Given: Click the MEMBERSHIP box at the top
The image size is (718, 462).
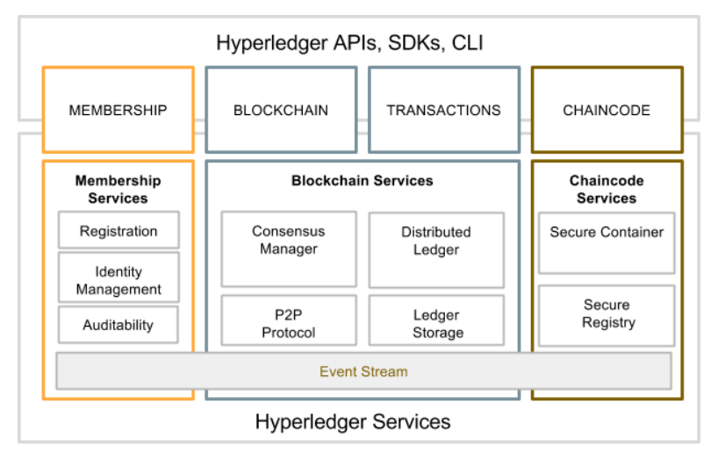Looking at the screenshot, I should click(x=118, y=111).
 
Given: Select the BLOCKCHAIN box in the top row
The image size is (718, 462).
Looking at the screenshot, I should click(x=281, y=111).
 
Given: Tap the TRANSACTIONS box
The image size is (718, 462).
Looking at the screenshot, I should click(x=443, y=111).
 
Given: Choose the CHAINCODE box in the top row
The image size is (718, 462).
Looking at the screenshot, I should click(x=607, y=111).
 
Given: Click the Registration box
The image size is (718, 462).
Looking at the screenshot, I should click(x=118, y=231).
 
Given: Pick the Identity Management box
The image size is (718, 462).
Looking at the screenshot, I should click(x=118, y=280).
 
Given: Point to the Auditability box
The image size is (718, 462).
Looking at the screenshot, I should click(x=118, y=325).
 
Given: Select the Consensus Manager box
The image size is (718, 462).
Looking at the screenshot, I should click(x=289, y=241).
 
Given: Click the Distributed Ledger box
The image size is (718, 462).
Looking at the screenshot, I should click(x=436, y=241).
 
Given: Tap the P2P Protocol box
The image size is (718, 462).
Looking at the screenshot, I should click(x=289, y=323).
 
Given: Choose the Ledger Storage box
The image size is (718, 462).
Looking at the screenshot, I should click(x=437, y=323).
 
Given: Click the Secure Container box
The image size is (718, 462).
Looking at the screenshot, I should click(x=607, y=233).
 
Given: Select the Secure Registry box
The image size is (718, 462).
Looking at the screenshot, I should click(x=607, y=314).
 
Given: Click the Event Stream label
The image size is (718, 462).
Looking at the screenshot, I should click(x=363, y=372).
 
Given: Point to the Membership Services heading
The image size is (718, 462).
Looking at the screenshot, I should click(x=118, y=189).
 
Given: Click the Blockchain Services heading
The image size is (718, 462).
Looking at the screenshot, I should click(x=363, y=181).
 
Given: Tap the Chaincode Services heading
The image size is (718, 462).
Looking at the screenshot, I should click(x=607, y=189).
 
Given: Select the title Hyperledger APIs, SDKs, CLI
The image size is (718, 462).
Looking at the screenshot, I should click(x=350, y=42).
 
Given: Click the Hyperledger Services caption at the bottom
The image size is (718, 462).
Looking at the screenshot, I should click(x=353, y=422).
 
